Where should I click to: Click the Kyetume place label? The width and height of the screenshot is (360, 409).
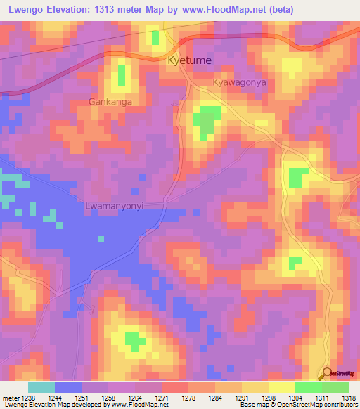click(x=189, y=61)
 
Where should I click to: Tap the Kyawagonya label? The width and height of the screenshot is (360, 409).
click(x=239, y=82)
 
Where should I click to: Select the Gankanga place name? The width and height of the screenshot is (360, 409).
click(x=110, y=102)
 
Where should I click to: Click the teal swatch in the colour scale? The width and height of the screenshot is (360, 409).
click(x=41, y=387)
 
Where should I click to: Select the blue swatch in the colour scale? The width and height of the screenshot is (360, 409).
click(x=68, y=387)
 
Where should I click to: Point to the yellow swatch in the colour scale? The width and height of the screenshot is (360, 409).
click(x=281, y=387)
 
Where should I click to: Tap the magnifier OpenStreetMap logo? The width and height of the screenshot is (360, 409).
click(x=327, y=375)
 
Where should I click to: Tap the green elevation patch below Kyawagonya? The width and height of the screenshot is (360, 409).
click(x=205, y=121)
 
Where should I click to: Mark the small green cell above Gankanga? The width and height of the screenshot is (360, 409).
click(x=122, y=74)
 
